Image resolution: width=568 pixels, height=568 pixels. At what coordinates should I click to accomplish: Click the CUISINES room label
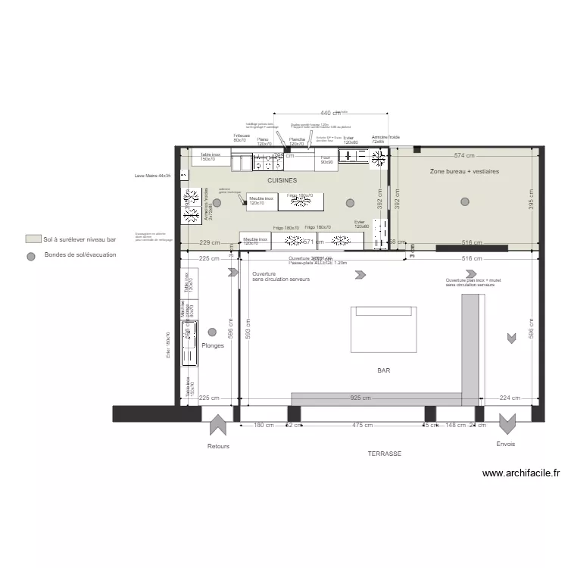click(x=282, y=181)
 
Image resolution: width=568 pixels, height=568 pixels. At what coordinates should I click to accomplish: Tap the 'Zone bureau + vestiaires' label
click(x=464, y=172)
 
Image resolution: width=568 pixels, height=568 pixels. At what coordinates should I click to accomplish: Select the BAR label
click(x=384, y=370)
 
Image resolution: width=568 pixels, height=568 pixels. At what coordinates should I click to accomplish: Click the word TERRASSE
click(x=384, y=454)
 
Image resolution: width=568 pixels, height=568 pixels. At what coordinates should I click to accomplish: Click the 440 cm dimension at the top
click(x=330, y=113)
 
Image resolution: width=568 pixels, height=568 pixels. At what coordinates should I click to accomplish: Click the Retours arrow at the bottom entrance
click(x=218, y=426)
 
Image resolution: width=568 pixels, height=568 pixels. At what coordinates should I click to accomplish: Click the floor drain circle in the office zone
click(x=464, y=201)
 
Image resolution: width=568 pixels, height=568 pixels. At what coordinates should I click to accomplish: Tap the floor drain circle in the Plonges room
click(x=212, y=332)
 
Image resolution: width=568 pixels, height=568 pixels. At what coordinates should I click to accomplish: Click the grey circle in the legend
click(x=31, y=256)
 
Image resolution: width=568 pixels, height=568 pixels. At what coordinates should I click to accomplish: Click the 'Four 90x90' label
click(x=326, y=160)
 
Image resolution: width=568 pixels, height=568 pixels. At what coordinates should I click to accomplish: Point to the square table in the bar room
click(x=383, y=329)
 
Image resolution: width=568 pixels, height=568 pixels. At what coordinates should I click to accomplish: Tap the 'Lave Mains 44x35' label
click(x=152, y=175)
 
